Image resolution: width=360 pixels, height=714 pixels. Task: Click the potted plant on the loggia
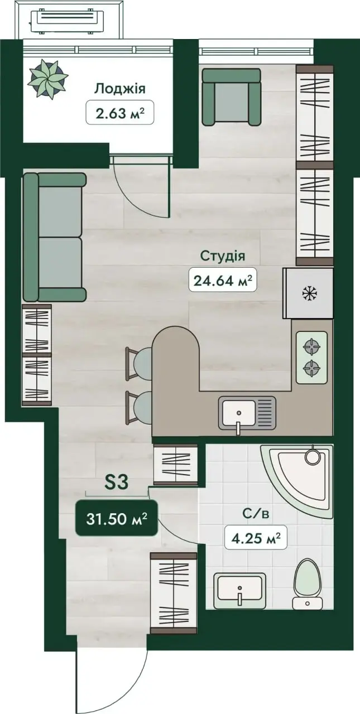click(48, 79)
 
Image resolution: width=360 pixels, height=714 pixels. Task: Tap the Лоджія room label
click(119, 89)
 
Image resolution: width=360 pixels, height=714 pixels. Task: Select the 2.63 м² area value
click(119, 113)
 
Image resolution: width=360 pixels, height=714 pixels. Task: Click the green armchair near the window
click(231, 97)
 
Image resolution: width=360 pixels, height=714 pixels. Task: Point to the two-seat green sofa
click(55, 237)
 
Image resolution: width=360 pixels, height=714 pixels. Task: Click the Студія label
click(223, 256)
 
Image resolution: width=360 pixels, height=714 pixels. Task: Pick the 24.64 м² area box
click(223, 279)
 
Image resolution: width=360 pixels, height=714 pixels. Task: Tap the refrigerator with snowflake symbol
click(308, 293)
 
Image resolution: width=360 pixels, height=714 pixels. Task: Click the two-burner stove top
click(311, 358)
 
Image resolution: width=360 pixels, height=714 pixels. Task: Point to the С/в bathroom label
click(256, 514)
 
